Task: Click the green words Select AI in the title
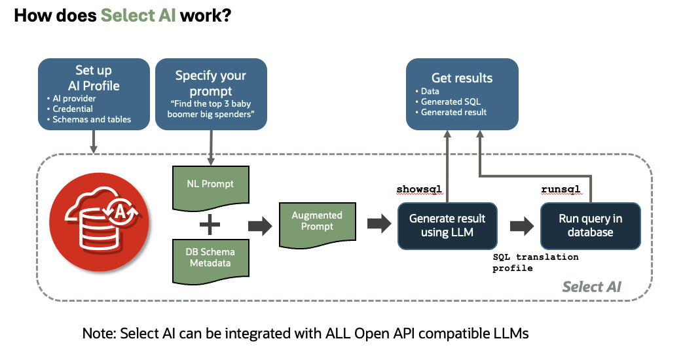click(x=138, y=15)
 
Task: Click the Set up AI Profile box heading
click(x=94, y=77)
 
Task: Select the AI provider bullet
click(x=75, y=98)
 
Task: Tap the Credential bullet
click(x=73, y=109)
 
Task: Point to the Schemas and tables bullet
click(x=92, y=119)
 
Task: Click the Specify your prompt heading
click(x=210, y=83)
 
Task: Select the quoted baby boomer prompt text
click(x=210, y=109)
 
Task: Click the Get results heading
click(x=462, y=77)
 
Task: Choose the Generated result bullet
click(x=454, y=112)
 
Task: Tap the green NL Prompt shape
click(x=210, y=185)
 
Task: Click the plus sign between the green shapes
click(x=210, y=225)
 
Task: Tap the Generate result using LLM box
click(x=447, y=225)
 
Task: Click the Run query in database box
click(x=590, y=225)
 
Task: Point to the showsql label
click(x=419, y=189)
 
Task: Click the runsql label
click(x=561, y=189)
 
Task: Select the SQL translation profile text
click(x=535, y=262)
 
